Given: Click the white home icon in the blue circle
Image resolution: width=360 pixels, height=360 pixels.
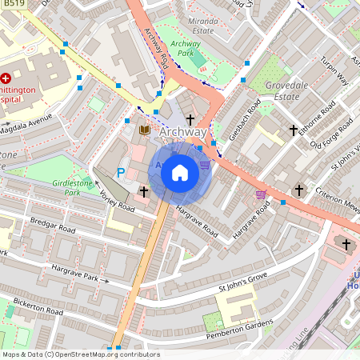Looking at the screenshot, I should pos(180,172).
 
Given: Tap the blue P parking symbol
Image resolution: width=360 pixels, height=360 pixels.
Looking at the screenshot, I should pos(122,172).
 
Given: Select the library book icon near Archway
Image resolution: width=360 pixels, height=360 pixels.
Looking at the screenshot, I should pos(145,130).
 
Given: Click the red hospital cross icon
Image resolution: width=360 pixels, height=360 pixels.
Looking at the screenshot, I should pos(6,78).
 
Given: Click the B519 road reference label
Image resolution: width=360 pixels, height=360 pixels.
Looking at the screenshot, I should pos(12,4).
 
